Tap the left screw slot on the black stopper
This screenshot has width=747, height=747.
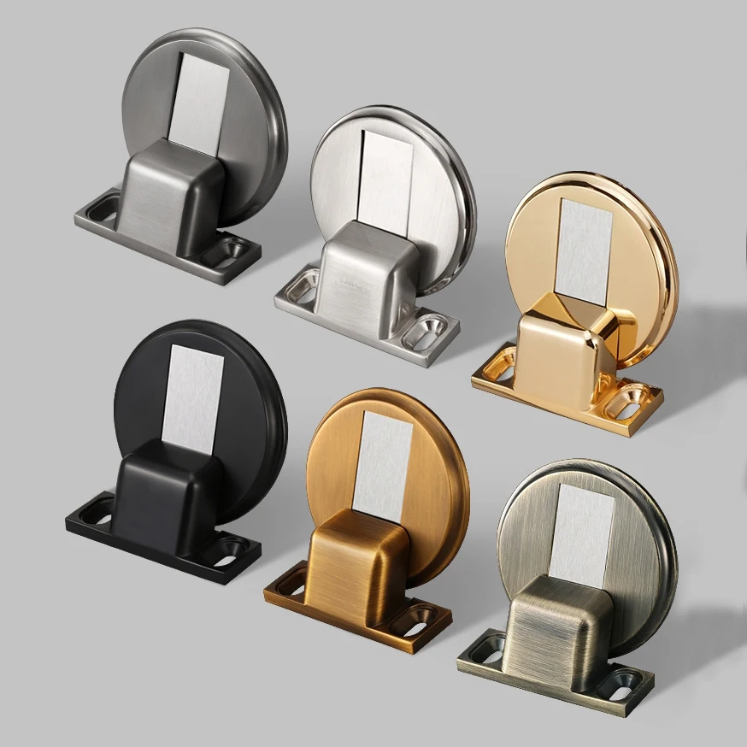point(96,513)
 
